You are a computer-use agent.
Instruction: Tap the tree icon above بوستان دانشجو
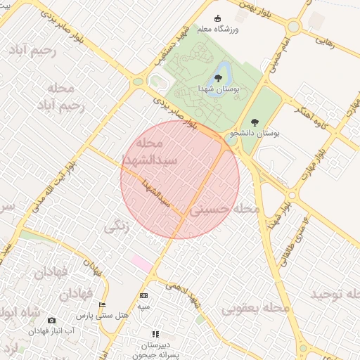255,122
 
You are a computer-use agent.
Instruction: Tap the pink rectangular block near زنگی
141,264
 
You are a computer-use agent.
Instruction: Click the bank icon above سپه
143,296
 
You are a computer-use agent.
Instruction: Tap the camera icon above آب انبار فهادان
51,321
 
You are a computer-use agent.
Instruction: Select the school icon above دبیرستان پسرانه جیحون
155,334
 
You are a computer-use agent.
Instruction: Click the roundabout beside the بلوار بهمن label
293,27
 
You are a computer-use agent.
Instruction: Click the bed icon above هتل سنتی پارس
103,304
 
